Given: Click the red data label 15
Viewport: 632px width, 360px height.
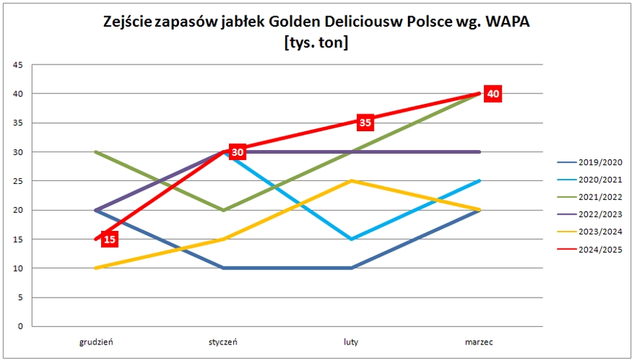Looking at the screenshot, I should pos(110,239).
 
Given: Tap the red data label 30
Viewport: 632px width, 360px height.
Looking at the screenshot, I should pos(237,152).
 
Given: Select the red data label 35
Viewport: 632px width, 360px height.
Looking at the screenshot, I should pos(365,123).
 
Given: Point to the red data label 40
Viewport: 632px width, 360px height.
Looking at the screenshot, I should pos(493,93).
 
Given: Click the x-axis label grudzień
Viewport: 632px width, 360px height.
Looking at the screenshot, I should pos(96,342).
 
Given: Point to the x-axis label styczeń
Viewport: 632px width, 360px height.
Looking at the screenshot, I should pos(223,342).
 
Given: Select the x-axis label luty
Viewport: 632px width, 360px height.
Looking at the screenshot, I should pos(351,342).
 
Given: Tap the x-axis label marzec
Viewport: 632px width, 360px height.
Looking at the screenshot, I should pos(479,342).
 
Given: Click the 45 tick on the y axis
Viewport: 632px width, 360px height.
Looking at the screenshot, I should pos(18,65).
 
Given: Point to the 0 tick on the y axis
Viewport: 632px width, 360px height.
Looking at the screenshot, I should pos(20,326).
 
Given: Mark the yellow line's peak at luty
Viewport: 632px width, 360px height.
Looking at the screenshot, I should pos(351,181).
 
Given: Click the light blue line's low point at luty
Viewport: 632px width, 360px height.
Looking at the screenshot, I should pos(351,239).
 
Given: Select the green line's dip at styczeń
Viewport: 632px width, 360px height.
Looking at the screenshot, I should pos(223,210).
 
